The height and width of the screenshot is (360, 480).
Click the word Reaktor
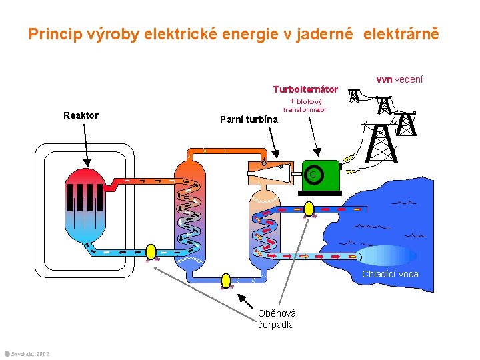click(x=81, y=115)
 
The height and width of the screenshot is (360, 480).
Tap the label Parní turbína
click(x=249, y=119)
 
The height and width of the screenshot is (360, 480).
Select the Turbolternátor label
click(x=305, y=89)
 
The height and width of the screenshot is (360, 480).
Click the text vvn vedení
click(x=399, y=79)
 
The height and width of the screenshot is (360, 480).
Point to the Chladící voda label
click(x=390, y=274)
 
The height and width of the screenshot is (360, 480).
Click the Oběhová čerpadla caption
click(x=277, y=319)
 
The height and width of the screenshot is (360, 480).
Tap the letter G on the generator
click(x=312, y=175)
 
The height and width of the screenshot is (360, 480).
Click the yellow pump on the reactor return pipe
click(x=151, y=251)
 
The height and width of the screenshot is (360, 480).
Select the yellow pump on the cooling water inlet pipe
click(x=308, y=208)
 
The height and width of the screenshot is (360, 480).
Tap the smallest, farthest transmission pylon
click(x=353, y=95)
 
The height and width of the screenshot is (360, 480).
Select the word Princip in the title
click(x=51, y=34)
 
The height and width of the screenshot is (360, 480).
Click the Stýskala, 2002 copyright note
click(x=27, y=353)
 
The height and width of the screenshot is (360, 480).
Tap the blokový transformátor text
click(x=305, y=105)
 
